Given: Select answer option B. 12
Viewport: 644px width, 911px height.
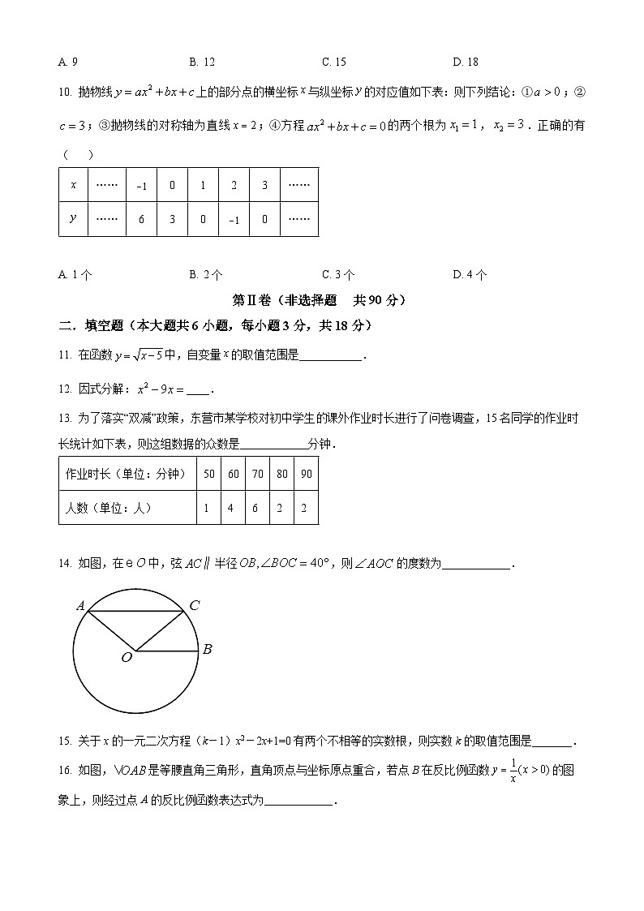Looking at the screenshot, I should pos(202,62).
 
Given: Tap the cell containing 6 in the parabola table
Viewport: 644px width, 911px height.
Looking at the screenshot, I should pos(141,220).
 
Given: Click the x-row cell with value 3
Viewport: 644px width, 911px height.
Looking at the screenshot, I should pos(264,185).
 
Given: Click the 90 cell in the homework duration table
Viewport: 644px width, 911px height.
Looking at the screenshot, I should pos(306,475).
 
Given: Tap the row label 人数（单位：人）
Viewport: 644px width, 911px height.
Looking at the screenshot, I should pos(108,508).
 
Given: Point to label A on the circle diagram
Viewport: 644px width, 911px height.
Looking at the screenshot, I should pos(80,605).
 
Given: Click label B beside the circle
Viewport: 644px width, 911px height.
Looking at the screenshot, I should pos(207,649).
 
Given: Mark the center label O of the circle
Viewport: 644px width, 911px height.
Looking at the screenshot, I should pos(127,658).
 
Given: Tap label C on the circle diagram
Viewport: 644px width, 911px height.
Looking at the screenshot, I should pos(194,605).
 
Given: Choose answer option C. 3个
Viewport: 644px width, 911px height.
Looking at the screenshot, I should pos(337,275).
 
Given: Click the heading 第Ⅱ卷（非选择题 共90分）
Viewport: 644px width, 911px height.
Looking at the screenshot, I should pos(320,300).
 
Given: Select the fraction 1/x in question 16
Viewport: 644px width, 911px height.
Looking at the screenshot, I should pos(513,771).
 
